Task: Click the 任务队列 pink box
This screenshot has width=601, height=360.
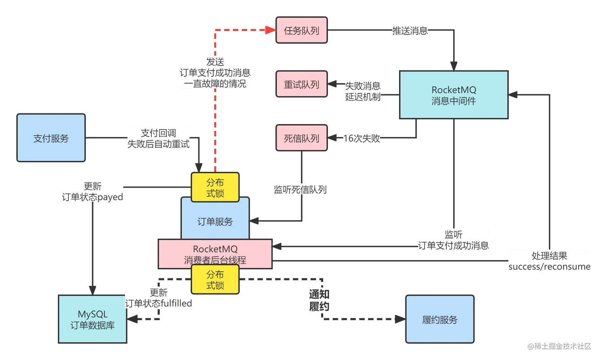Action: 301,30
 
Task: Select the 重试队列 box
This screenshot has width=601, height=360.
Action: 301,84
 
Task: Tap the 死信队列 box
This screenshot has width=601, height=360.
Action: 301,138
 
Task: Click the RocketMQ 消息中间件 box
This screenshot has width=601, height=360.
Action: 454,95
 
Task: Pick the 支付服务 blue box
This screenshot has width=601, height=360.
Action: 51,138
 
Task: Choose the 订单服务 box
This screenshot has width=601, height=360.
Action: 215,221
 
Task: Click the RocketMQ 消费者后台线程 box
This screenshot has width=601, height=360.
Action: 215,254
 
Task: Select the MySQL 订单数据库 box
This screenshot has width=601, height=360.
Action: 92,319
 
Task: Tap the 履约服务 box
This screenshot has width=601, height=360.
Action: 440,319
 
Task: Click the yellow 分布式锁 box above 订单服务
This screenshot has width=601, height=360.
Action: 215,187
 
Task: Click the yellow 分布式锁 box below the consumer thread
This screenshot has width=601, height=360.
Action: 215,280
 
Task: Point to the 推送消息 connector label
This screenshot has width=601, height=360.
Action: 410,31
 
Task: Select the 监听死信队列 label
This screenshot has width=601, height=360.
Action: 300,189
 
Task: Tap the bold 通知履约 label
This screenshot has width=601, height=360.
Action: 319,300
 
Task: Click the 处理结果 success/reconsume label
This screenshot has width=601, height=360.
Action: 550,261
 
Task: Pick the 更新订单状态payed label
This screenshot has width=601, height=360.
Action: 93,191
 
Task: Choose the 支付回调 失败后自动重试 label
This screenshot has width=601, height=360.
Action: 158,138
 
